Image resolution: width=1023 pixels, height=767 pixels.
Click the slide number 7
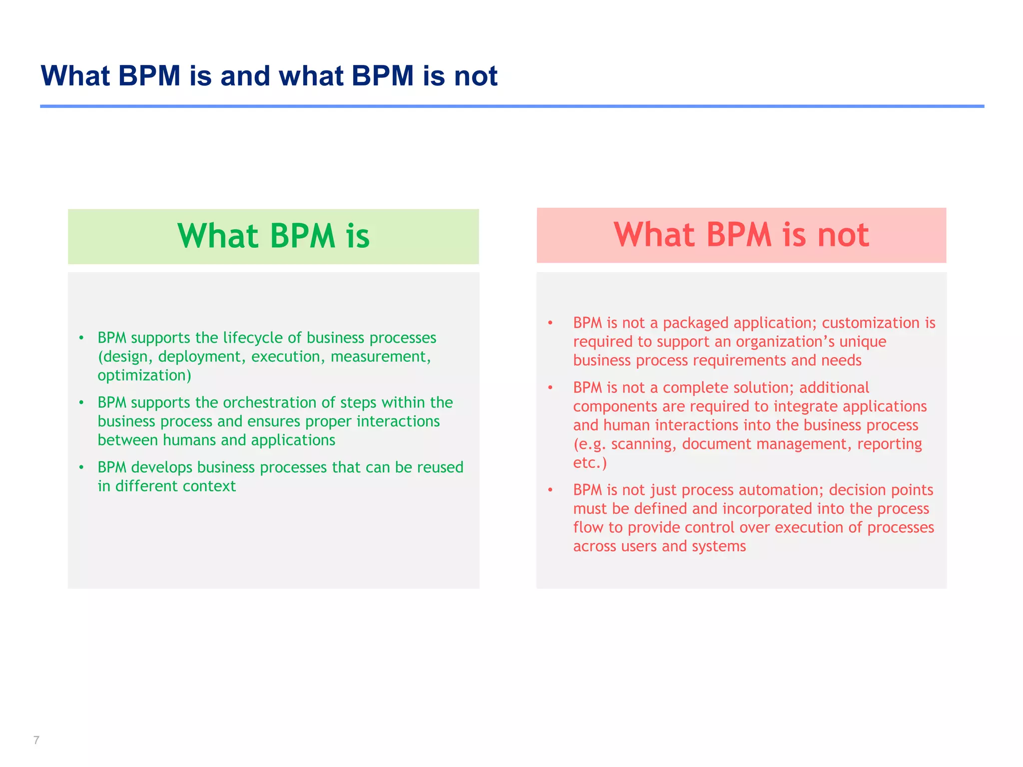tap(36, 740)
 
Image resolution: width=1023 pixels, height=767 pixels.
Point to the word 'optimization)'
tap(144, 376)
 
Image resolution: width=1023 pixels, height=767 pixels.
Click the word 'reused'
tap(440, 467)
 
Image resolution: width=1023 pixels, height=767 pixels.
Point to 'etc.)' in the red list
tap(590, 463)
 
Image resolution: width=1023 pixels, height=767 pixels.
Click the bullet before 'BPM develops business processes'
tap(81, 467)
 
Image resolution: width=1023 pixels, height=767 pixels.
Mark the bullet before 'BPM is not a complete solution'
tap(550, 387)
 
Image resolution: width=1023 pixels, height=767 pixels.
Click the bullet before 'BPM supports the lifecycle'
tap(81, 338)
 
